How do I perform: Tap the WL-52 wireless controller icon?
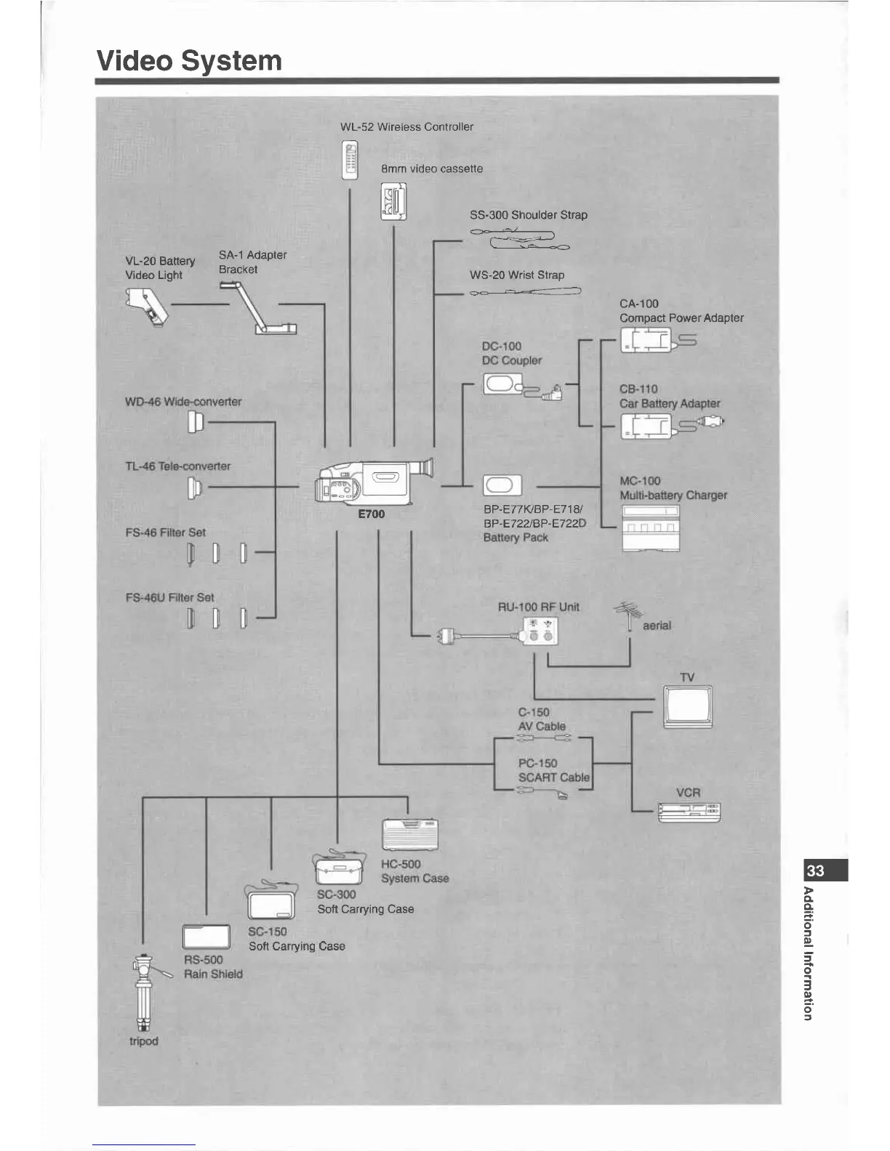point(350,160)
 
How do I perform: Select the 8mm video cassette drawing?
point(393,202)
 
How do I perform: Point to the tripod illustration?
point(143,991)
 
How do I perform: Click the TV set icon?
point(688,706)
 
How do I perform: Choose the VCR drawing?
point(689,812)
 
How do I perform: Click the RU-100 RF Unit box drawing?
point(542,630)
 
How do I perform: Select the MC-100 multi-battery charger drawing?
point(650,527)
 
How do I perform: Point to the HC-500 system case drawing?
point(411,834)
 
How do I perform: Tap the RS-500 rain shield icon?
point(206,937)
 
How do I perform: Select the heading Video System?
point(189,60)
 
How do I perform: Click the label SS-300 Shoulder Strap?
point(528,215)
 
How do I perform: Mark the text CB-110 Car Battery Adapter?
point(669,397)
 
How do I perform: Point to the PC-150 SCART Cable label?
point(553,770)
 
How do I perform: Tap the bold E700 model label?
point(371,514)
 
